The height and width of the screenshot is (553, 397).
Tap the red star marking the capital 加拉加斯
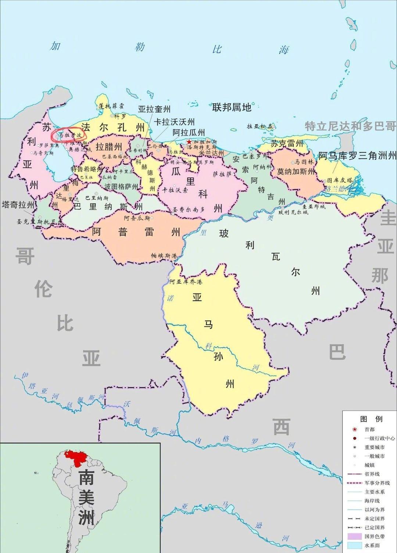[189, 142]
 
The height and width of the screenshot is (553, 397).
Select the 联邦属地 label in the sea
[232, 107]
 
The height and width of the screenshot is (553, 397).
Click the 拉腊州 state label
[109, 147]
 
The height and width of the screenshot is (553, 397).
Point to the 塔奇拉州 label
[18, 205]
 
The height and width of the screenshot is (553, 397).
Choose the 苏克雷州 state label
[287, 143]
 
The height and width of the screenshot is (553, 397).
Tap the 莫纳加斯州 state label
[296, 171]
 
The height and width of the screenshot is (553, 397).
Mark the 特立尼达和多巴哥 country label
[350, 126]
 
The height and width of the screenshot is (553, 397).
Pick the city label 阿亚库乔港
[186, 282]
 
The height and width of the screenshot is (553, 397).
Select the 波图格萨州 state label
[121, 187]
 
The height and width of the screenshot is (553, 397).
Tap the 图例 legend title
[371, 419]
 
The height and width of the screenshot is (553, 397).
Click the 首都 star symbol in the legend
[355, 430]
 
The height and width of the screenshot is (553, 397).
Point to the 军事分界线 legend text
[377, 483]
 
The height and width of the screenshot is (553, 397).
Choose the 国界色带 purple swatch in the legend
[354, 536]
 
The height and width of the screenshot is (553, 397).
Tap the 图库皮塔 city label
[340, 180]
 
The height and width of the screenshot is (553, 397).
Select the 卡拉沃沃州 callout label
[174, 122]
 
